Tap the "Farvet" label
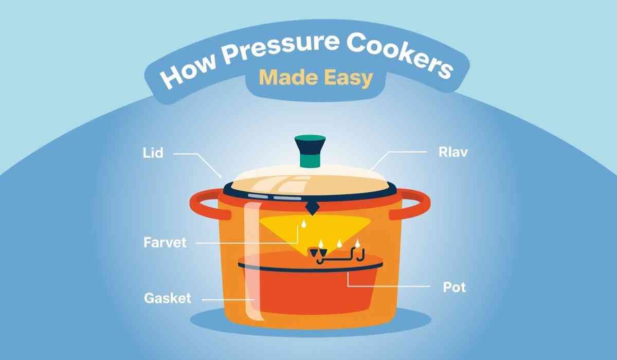point(165,242)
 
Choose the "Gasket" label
point(167,298)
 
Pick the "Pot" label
point(455,286)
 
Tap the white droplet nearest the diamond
point(303,224)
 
